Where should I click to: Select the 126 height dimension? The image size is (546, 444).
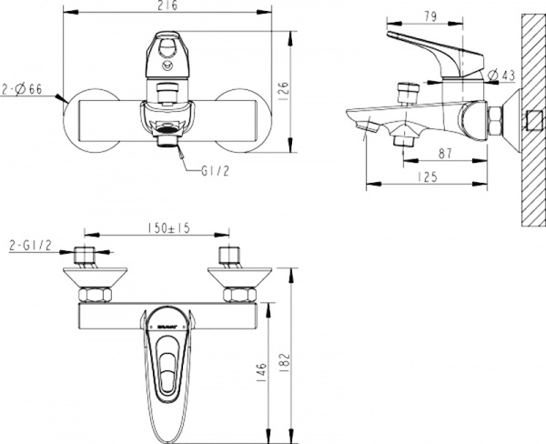point(282,89)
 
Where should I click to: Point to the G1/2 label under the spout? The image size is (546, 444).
point(211,170)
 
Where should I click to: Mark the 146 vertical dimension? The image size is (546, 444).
point(262,370)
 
